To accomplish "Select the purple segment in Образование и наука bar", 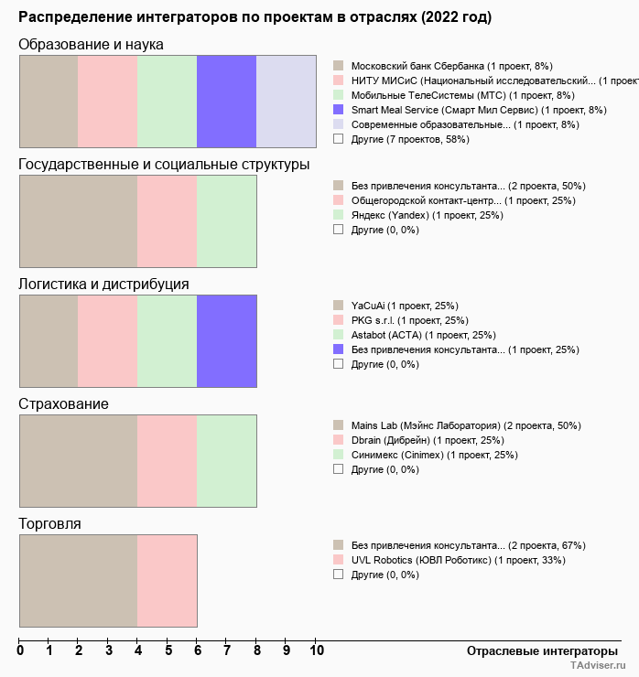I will click(x=226, y=101).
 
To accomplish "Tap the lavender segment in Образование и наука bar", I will click(x=286, y=101).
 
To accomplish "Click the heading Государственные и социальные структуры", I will click(x=164, y=165).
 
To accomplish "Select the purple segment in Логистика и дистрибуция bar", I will click(x=226, y=341).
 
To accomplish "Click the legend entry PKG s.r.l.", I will click(x=409, y=320).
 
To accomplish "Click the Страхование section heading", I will click(x=63, y=404).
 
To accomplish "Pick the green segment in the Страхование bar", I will click(x=226, y=461).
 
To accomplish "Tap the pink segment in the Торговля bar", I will click(x=167, y=581).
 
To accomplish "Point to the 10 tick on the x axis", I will click(x=317, y=651).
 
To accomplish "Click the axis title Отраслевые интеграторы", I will click(x=536, y=650).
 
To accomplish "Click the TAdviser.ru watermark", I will click(x=599, y=667).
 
